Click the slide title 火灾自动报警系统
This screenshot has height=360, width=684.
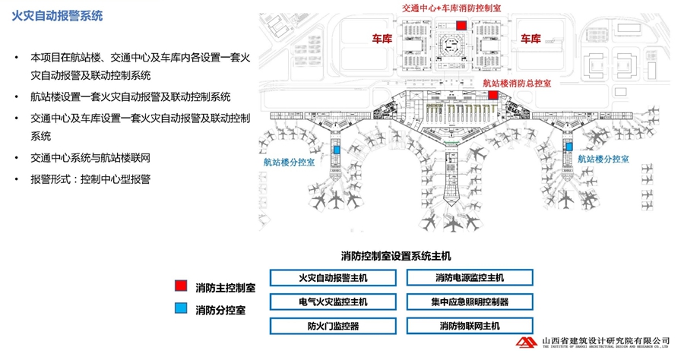click(58, 15)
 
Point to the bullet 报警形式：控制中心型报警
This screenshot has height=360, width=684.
click(90, 179)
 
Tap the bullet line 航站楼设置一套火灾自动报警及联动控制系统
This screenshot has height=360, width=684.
click(130, 96)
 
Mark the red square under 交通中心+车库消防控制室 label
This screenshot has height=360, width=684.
click(461, 25)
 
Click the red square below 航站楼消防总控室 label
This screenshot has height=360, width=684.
click(493, 96)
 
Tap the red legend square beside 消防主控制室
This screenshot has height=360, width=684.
click(180, 286)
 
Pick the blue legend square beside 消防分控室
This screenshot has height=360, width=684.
click(180, 308)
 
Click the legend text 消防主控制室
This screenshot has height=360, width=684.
click(225, 287)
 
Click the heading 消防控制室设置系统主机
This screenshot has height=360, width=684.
click(397, 255)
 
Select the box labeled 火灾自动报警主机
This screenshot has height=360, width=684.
click(333, 278)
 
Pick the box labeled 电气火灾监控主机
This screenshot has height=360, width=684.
click(333, 302)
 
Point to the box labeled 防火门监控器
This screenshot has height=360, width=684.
click(333, 326)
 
